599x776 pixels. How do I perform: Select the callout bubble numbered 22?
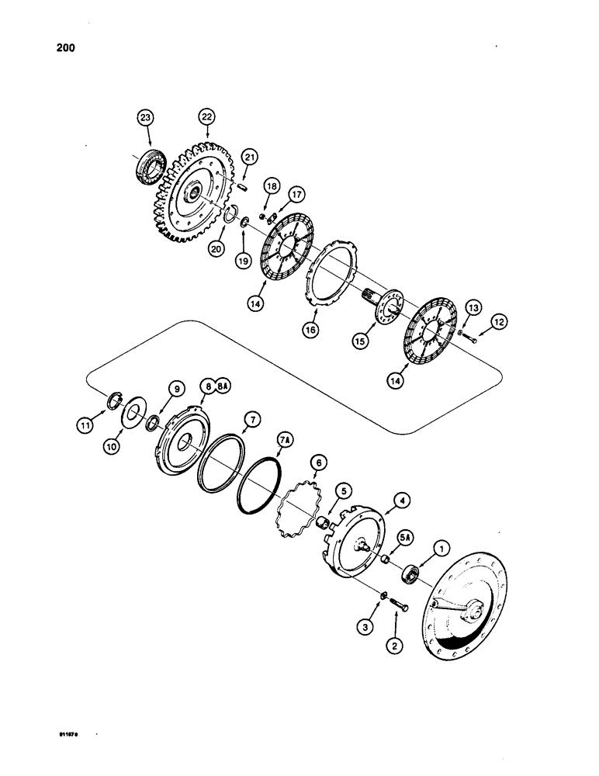point(206,116)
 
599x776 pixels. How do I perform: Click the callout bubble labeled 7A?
point(285,442)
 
